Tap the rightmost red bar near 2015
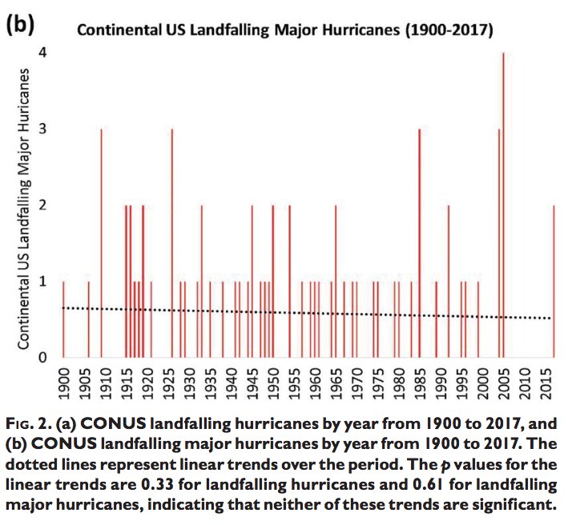(x=554, y=280)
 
